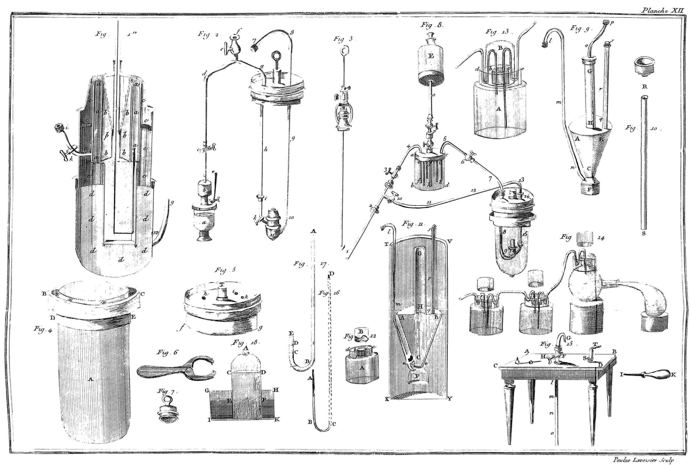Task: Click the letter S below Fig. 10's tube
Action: point(643,234)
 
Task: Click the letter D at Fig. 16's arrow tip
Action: point(332,274)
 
